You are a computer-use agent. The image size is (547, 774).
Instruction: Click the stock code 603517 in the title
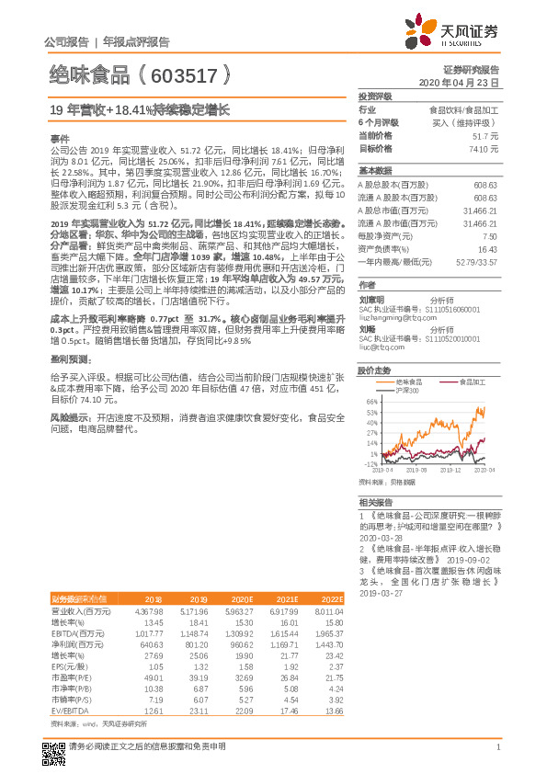click(184, 73)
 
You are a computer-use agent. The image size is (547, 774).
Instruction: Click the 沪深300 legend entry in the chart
click(410, 390)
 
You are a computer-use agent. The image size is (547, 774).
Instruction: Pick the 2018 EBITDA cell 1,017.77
click(146, 632)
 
